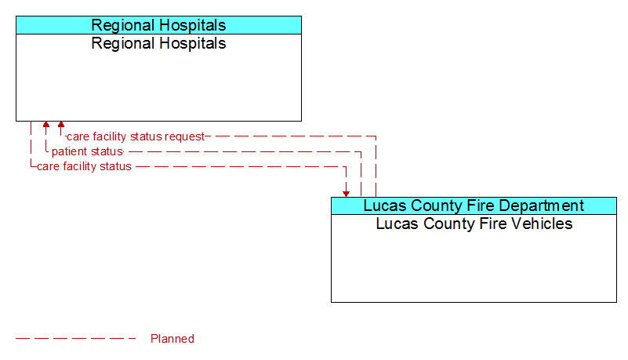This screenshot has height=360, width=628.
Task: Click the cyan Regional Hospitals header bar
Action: pyautogui.click(x=158, y=25)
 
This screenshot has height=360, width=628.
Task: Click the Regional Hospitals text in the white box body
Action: pyautogui.click(x=158, y=44)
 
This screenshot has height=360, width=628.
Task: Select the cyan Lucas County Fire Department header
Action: pyautogui.click(x=474, y=205)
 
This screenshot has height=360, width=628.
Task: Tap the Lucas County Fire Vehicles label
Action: pyautogui.click(x=474, y=224)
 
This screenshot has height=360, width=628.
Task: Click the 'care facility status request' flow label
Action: pyautogui.click(x=136, y=136)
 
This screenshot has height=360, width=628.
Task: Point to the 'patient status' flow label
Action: pyautogui.click(x=87, y=151)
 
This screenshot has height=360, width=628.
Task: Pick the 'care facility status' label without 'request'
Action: pyautogui.click(x=84, y=166)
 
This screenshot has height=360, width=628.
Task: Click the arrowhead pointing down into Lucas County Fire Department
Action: pyautogui.click(x=346, y=194)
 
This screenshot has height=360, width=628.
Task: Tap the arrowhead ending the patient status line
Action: pyautogui.click(x=46, y=124)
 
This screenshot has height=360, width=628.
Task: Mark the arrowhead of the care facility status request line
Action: pyautogui.click(x=61, y=124)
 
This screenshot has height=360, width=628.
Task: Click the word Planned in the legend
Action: pyautogui.click(x=172, y=339)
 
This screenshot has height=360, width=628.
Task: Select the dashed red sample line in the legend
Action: pyautogui.click(x=76, y=338)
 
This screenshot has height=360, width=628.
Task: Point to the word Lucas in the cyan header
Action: pyautogui.click(x=384, y=205)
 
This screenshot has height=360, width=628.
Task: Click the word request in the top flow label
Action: pyautogui.click(x=184, y=137)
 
